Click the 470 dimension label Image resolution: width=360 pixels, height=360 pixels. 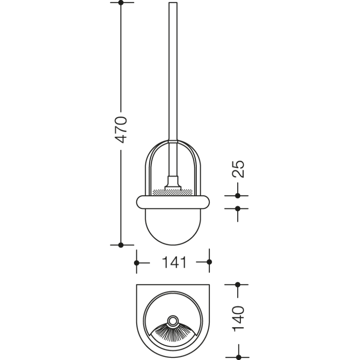(x=121, y=130)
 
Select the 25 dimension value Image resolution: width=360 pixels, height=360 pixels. (x=238, y=169)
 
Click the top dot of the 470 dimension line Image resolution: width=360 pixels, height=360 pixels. (x=121, y=3)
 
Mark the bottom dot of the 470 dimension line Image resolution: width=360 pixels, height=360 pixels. (x=121, y=245)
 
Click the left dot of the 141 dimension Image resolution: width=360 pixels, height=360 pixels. (x=137, y=263)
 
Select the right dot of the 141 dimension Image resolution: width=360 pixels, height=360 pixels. (x=209, y=262)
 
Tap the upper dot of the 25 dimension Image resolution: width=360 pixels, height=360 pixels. (x=238, y=196)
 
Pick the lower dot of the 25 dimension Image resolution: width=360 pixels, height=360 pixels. (x=238, y=209)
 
